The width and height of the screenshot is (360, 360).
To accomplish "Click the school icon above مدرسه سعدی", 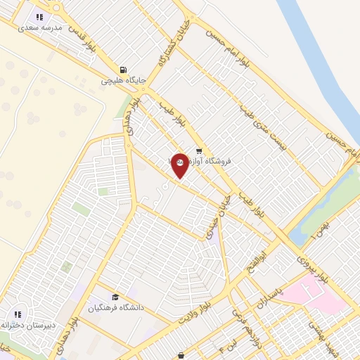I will [x=39, y=16].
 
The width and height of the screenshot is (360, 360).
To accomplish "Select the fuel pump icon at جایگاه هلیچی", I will [x=124, y=70].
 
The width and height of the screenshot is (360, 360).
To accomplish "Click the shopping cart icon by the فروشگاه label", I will [x=200, y=150].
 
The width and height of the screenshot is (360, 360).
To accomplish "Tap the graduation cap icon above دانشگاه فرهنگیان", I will [x=115, y=297].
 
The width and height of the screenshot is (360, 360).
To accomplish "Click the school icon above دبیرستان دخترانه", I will [x=18, y=314].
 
